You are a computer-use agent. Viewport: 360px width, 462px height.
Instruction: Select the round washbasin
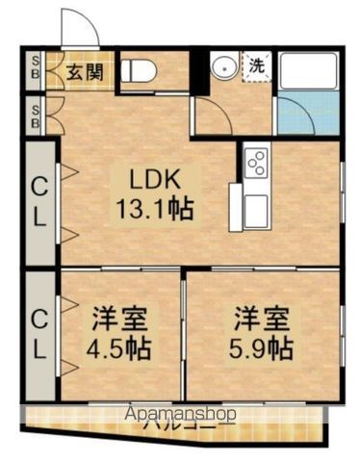pos(221,68)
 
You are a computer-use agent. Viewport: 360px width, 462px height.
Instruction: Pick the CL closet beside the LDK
pos(39,202)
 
